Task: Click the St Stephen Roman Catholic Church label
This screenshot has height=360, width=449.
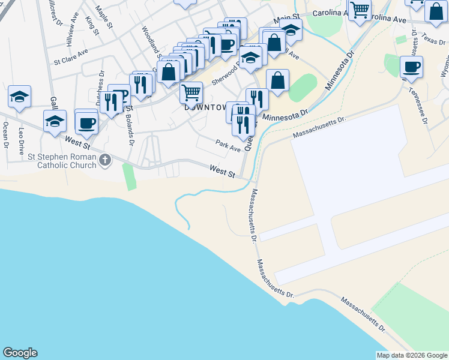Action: click(61, 161)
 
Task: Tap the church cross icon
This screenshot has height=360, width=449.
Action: click(106, 160)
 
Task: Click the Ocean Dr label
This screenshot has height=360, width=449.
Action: click(5, 134)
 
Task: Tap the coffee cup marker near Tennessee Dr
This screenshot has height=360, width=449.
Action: click(411, 67)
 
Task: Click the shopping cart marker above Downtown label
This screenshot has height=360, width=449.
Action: click(191, 92)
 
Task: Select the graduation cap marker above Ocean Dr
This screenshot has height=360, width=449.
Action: click(19, 97)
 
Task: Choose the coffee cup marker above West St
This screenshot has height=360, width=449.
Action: click(86, 122)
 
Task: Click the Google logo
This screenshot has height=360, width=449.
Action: click(20, 353)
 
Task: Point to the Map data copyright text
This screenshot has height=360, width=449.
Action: click(411, 355)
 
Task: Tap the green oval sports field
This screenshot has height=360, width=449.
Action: click(303, 88)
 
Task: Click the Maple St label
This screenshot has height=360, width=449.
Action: click(104, 17)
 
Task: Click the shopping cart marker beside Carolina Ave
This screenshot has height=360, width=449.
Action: click(360, 10)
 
